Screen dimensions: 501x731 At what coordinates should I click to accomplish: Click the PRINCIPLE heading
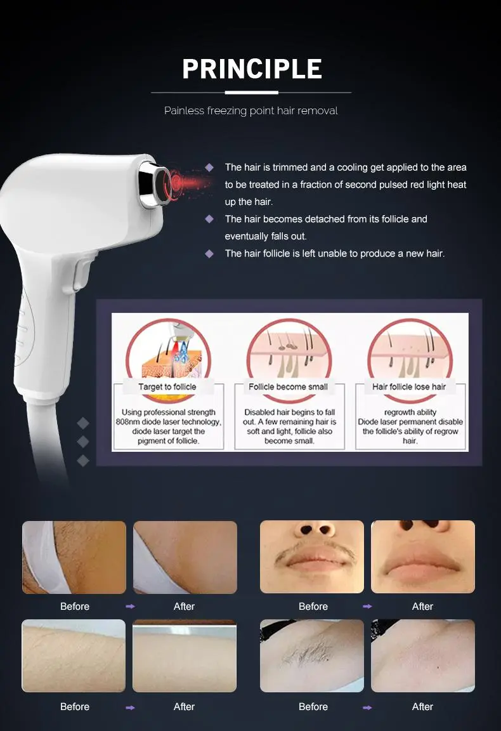(252, 69)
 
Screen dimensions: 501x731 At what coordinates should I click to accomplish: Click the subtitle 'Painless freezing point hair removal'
(251, 111)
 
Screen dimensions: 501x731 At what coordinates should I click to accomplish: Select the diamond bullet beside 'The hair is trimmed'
(209, 168)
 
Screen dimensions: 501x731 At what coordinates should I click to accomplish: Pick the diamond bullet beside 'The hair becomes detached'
(209, 219)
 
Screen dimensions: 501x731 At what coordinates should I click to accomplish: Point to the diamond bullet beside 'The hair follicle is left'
(209, 254)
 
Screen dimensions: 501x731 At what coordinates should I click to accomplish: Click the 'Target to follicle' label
(167, 386)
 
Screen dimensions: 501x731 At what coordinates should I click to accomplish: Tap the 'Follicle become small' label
(288, 386)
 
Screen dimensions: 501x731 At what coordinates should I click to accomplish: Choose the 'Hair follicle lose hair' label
(408, 386)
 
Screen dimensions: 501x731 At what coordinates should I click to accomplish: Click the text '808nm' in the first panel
(127, 422)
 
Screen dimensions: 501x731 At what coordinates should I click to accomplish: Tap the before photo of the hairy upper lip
(312, 556)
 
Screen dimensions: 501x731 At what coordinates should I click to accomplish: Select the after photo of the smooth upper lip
(423, 556)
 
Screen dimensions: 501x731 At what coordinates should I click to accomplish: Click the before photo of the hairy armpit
(312, 655)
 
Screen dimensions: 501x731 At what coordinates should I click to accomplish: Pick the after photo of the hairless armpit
(423, 655)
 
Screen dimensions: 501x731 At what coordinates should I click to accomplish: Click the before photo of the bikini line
(74, 557)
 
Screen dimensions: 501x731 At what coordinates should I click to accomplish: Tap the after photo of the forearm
(185, 655)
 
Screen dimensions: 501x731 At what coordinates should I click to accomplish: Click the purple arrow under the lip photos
(367, 607)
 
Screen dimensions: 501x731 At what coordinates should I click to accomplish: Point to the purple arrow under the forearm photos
(130, 708)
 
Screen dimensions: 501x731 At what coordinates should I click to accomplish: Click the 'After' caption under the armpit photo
(422, 707)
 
